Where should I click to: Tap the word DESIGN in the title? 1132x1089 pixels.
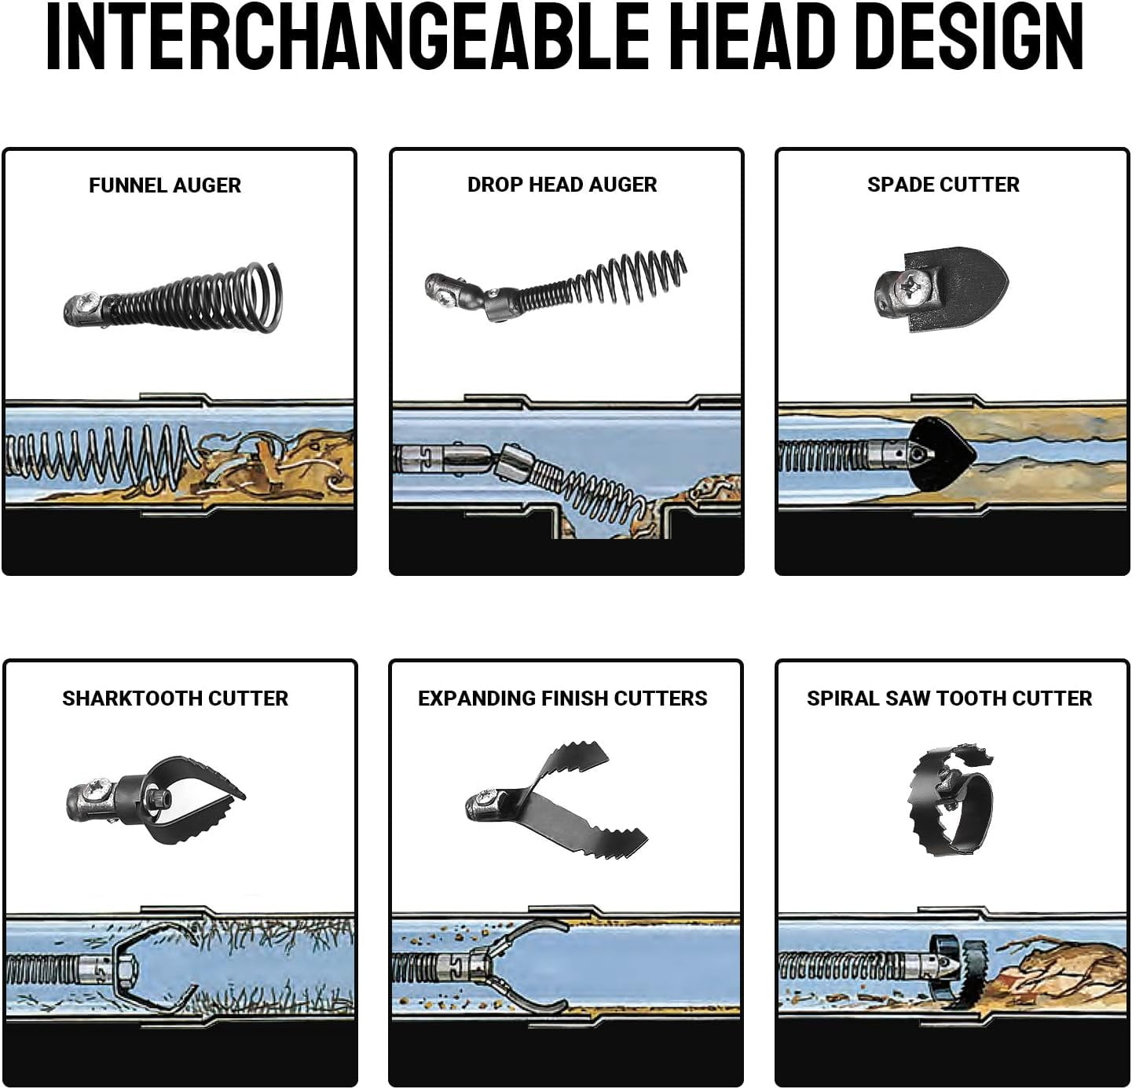coord(969,37)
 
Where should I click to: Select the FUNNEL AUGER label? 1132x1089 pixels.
coord(165,185)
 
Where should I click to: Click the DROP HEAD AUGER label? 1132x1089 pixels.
coord(562,185)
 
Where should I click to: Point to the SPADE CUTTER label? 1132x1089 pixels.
coord(943,185)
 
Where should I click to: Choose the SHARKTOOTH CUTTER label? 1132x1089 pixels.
coord(175,698)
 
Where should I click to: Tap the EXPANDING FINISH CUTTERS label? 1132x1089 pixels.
coord(562,698)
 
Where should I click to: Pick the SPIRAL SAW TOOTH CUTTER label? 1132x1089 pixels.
coord(949,698)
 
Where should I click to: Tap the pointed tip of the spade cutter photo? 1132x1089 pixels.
coord(1008,284)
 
